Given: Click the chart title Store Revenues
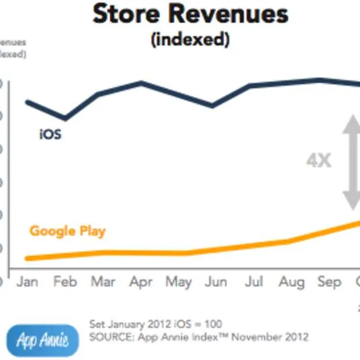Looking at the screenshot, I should [x=190, y=14].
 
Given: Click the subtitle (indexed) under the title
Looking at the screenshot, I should [x=190, y=40].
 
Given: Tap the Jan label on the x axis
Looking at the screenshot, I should [x=27, y=282].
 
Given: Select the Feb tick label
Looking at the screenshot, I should [x=65, y=282].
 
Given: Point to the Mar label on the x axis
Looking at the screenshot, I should [x=103, y=282].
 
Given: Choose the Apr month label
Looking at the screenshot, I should [x=140, y=282].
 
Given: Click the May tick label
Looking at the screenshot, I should [x=178, y=282].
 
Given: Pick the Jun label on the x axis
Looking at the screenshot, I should [x=216, y=282].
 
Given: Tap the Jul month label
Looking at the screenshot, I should [x=254, y=282].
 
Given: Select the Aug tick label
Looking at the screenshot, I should [x=291, y=282].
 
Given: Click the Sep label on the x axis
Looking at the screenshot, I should [x=329, y=282].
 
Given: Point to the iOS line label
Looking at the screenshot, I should [x=50, y=135].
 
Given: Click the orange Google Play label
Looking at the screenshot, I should [x=67, y=231].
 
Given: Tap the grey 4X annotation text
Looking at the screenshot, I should [x=319, y=160].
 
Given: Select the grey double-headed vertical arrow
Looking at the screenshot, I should [x=351, y=162].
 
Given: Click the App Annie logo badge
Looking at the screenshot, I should [x=42, y=340].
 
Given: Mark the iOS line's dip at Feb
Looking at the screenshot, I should [x=65, y=119].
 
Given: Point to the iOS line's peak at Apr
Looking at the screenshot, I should [x=141, y=83].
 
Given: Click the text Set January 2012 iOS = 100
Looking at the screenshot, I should [x=155, y=324].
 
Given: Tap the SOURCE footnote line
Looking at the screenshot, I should [x=199, y=337].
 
